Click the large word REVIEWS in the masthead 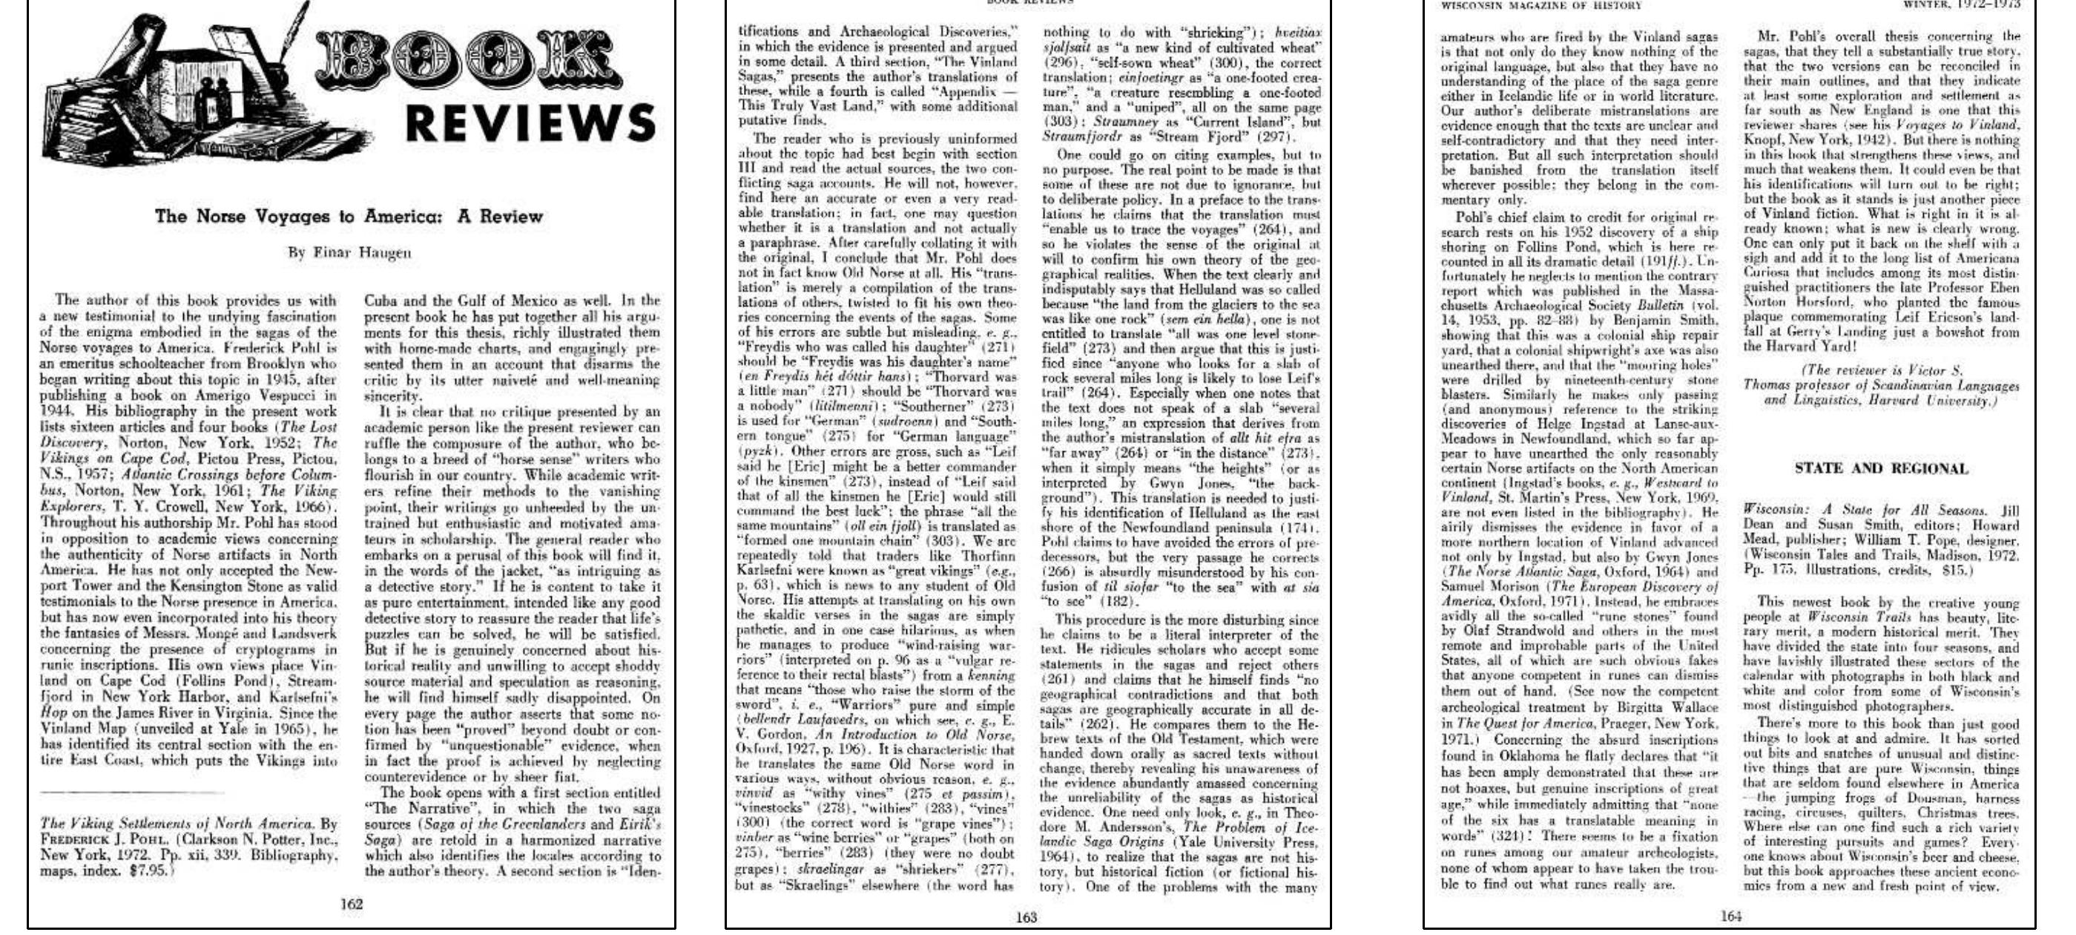pos(530,123)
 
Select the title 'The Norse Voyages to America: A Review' pos(349,216)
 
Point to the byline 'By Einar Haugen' pos(350,252)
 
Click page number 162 pos(352,905)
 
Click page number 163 pos(1026,916)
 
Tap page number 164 pos(1731,916)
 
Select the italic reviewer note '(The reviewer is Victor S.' pos(1881,370)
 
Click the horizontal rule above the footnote pos(131,793)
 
